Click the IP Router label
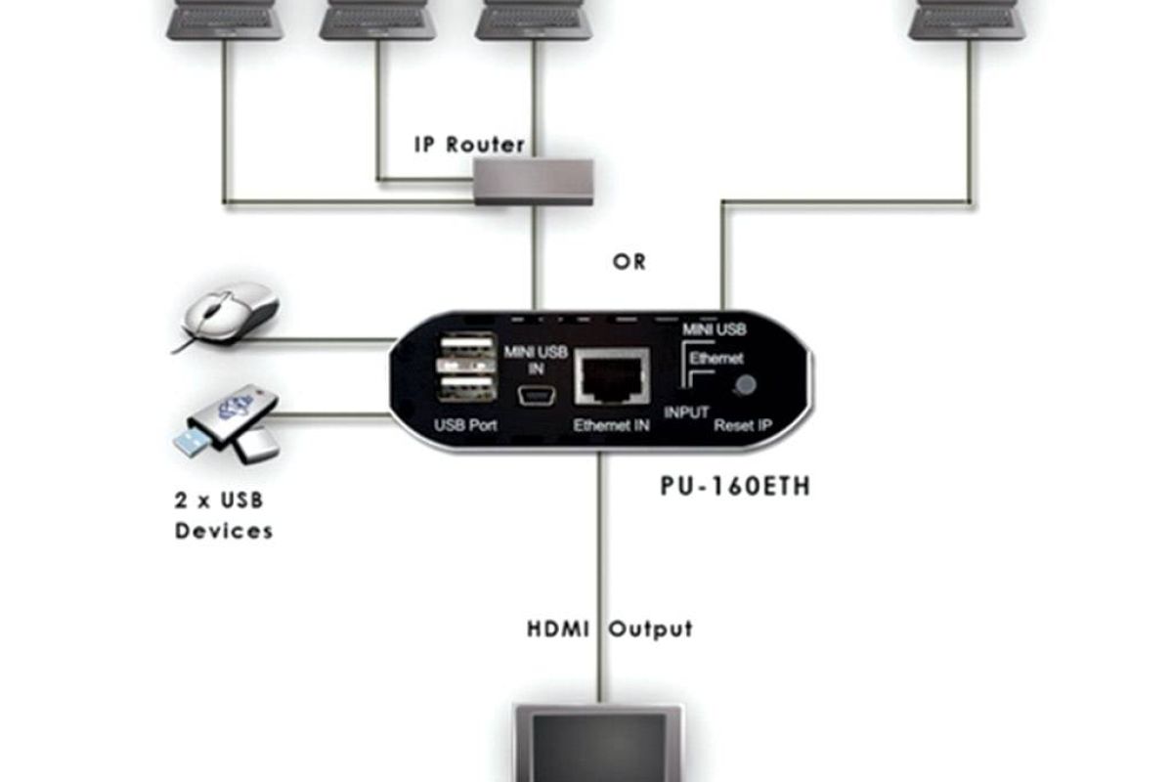(469, 145)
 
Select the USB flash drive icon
(227, 420)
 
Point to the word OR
(630, 262)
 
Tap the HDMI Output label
(610, 629)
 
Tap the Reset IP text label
(742, 425)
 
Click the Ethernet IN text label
(612, 425)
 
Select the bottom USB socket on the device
(466, 388)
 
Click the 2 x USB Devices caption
(223, 516)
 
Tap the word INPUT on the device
(686, 413)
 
